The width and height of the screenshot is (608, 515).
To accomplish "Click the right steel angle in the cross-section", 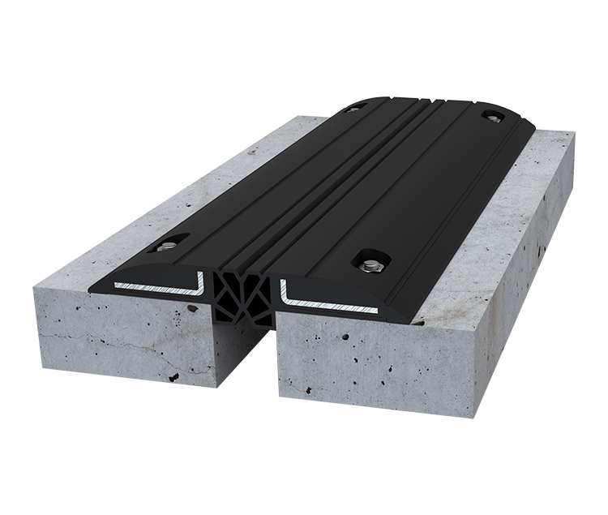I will (x=324, y=299).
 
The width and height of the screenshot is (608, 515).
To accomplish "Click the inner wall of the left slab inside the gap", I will (x=224, y=341).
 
